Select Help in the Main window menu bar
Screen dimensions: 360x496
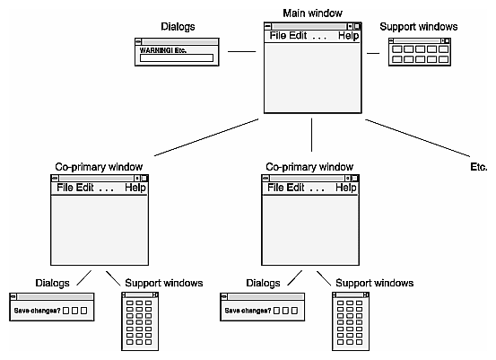click(348, 36)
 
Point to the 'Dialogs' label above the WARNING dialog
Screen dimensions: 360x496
click(178, 28)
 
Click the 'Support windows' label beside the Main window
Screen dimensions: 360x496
click(419, 27)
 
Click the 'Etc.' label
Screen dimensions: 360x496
click(478, 167)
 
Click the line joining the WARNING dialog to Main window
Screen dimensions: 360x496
click(241, 53)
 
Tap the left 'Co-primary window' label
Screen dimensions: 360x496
click(99, 167)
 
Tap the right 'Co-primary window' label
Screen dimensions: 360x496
click(310, 167)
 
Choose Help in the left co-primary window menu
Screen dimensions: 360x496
click(135, 188)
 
